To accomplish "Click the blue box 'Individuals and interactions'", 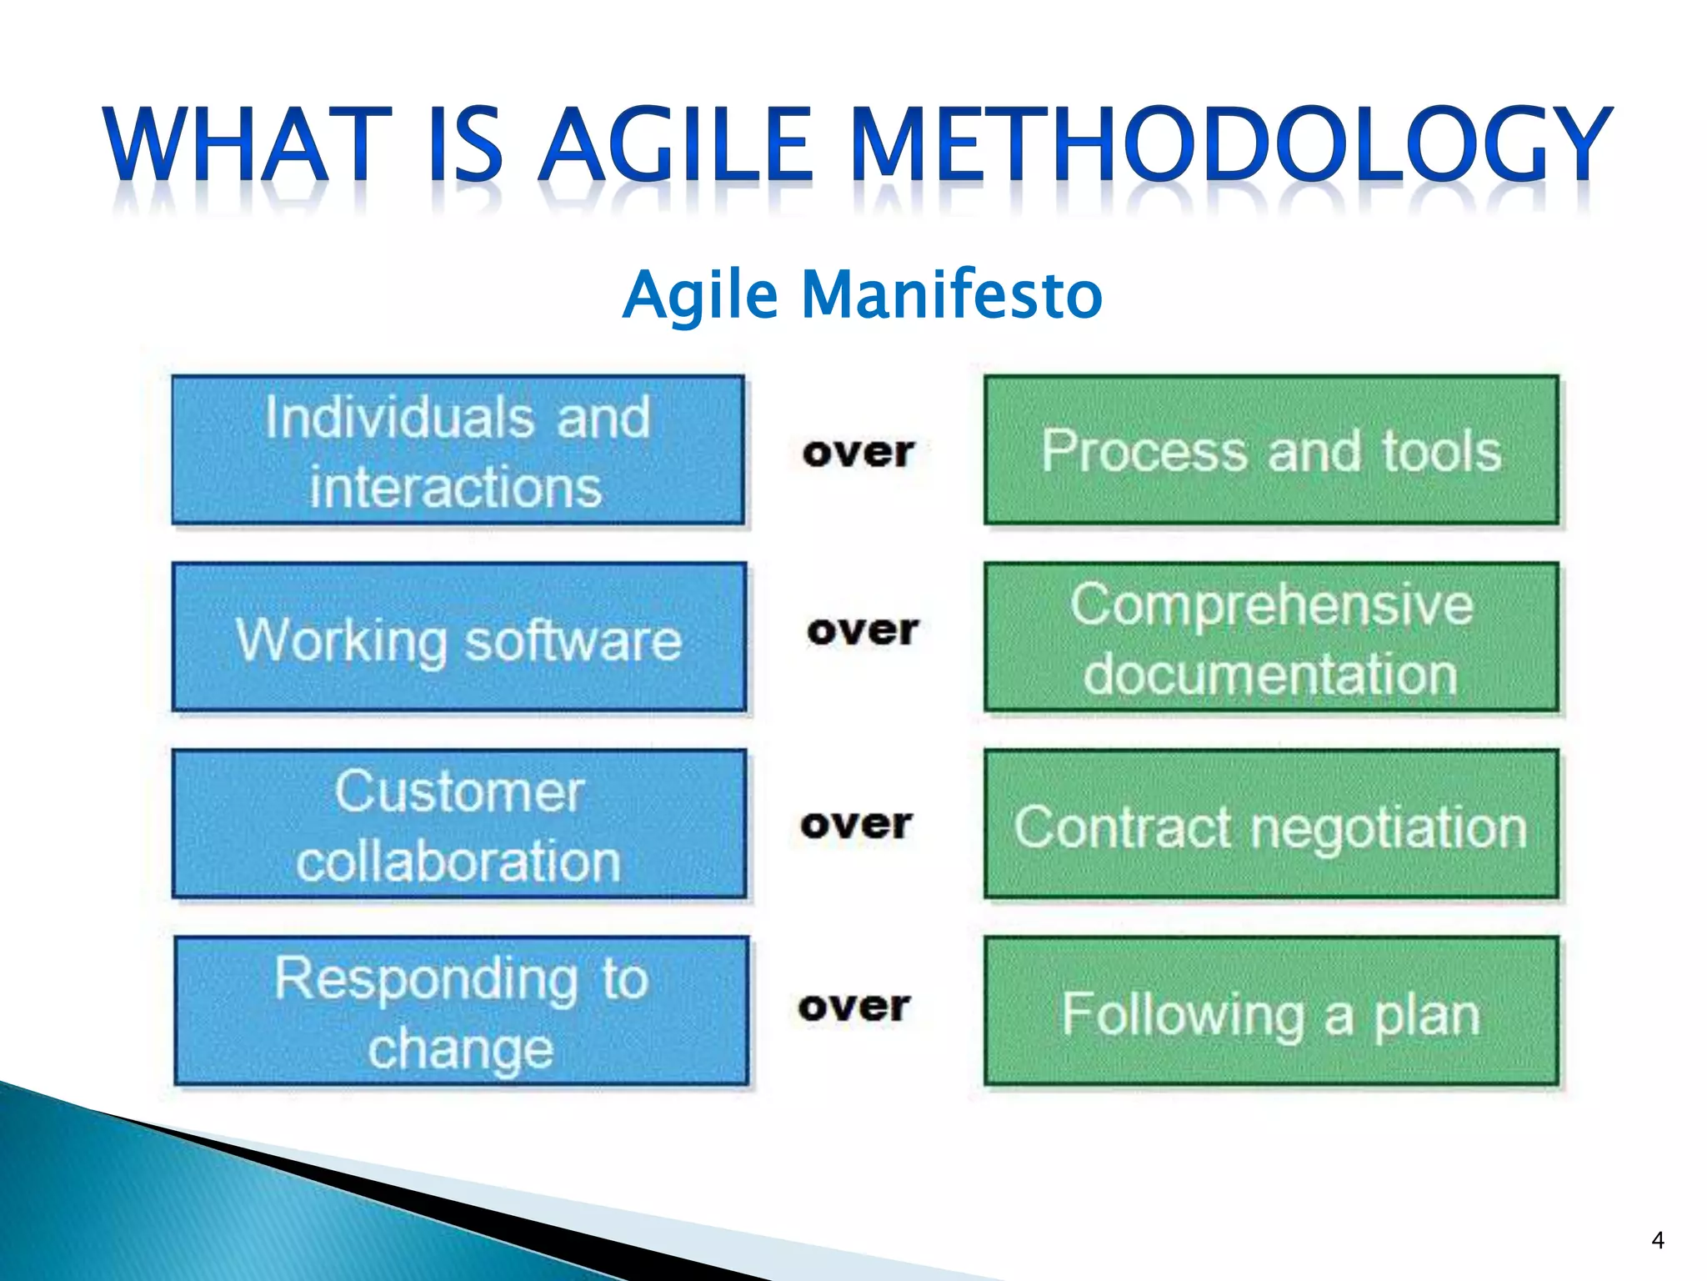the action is pos(458,450).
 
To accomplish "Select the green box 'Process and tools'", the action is pos(1271,450).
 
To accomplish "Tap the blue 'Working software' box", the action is pos(458,638).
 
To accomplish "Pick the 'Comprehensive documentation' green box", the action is pos(1271,638).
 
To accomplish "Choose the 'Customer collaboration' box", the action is pos(458,824).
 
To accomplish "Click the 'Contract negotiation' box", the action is pos(1271,824).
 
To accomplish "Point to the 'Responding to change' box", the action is pos(461,1012).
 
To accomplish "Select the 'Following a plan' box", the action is pos(1271,1012).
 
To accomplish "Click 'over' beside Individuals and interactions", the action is pos(859,453).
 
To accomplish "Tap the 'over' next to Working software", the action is pos(863,630).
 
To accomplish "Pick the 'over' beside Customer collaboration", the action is pos(856,825).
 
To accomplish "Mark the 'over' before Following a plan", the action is pos(853,1007).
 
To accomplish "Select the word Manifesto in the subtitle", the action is pos(952,294).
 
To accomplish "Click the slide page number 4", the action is pos(1657,1240).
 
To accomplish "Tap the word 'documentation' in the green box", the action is pos(1270,674).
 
